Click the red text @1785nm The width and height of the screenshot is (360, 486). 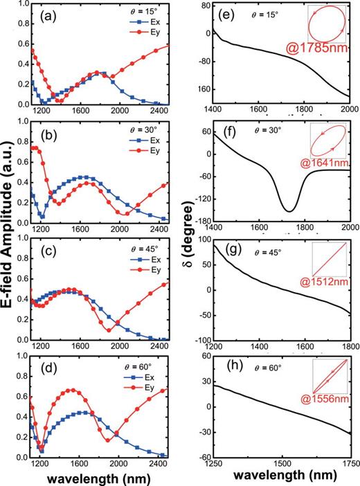coord(309,50)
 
